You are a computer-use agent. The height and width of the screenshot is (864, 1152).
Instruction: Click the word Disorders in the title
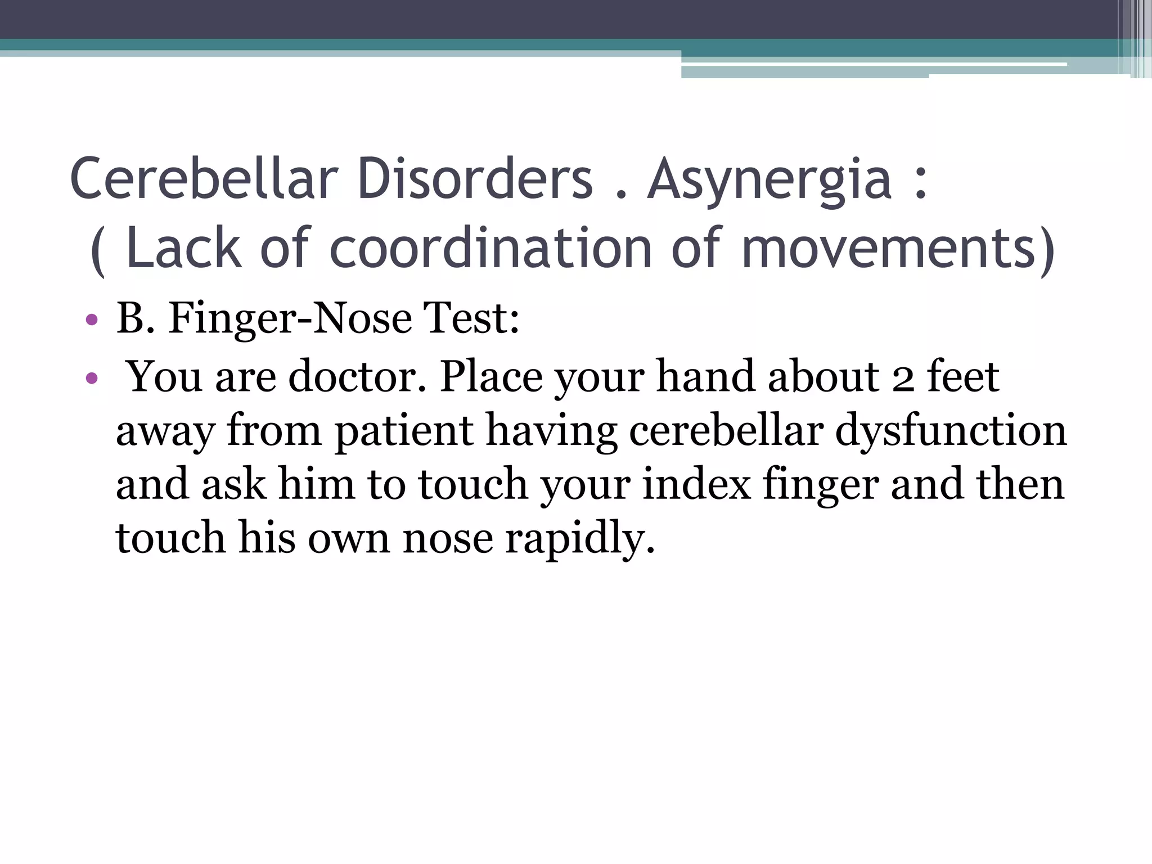[475, 179]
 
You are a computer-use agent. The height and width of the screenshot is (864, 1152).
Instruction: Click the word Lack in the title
[184, 248]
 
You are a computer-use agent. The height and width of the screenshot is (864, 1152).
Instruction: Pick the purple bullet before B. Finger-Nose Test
[92, 321]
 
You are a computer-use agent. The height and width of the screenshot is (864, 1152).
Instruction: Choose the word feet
[964, 376]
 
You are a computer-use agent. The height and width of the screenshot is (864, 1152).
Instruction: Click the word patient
[404, 431]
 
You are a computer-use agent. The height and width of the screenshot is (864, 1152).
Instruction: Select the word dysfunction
[951, 431]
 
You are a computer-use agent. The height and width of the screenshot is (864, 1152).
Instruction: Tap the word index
[696, 484]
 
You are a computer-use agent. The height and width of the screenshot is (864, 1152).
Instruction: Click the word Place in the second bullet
[491, 376]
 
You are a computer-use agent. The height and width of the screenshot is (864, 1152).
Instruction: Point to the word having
[551, 431]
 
